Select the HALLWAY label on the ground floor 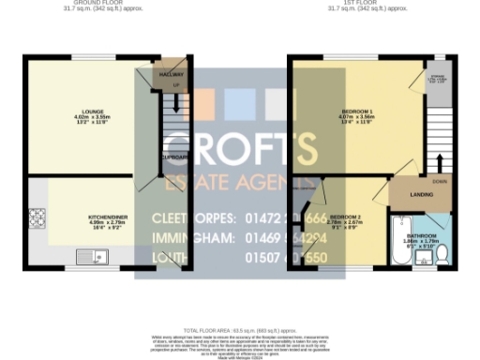170,73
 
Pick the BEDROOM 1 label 357,114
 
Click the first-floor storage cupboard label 435,81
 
